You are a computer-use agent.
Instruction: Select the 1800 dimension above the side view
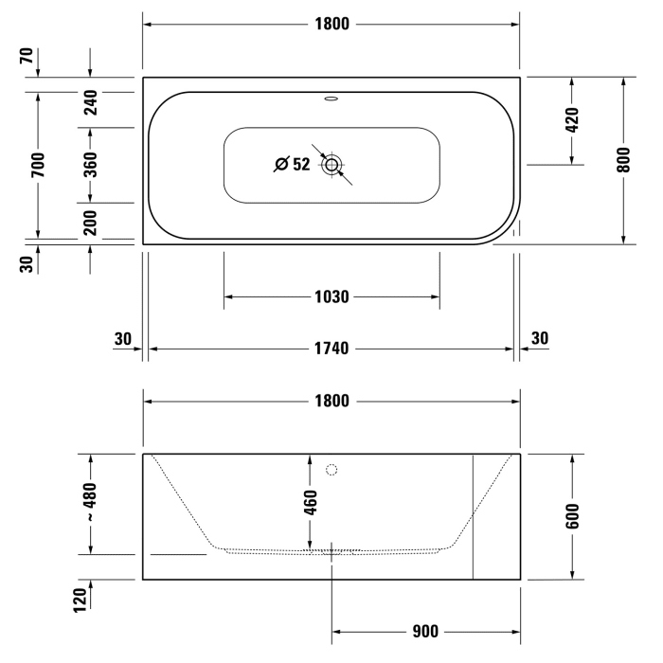pyautogui.click(x=331, y=401)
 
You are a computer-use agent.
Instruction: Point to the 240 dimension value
pyautogui.click(x=90, y=102)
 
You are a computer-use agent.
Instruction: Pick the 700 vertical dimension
pyautogui.click(x=38, y=167)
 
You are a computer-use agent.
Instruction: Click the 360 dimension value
pyautogui.click(x=90, y=165)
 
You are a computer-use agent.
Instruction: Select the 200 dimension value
pyautogui.click(x=90, y=222)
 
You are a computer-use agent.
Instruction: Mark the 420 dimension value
pyautogui.click(x=572, y=121)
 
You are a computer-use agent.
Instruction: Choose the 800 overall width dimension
pyautogui.click(x=623, y=161)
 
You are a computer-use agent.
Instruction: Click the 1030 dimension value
pyautogui.click(x=331, y=296)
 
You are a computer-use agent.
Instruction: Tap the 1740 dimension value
pyautogui.click(x=331, y=349)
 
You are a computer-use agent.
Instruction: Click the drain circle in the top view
pyautogui.click(x=331, y=165)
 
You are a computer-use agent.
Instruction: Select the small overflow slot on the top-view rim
pyautogui.click(x=331, y=97)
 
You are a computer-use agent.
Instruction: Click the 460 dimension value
pyautogui.click(x=310, y=499)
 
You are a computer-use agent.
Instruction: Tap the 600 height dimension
pyautogui.click(x=572, y=516)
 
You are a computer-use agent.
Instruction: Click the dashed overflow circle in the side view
pyautogui.click(x=331, y=470)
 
